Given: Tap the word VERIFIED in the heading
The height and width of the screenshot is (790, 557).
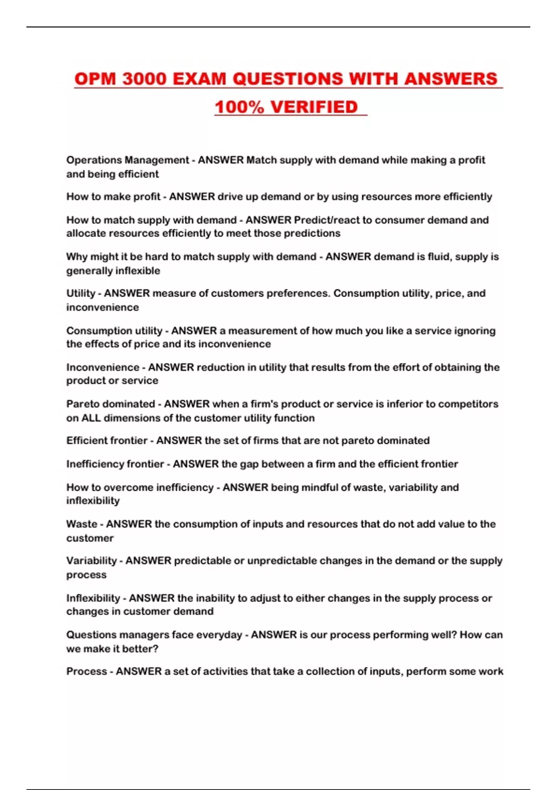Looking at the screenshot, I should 314,107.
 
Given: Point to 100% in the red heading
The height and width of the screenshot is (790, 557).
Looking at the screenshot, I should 239,107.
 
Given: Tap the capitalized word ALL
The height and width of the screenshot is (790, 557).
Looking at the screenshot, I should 91,418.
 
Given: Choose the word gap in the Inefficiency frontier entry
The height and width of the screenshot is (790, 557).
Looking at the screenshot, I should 246,464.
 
